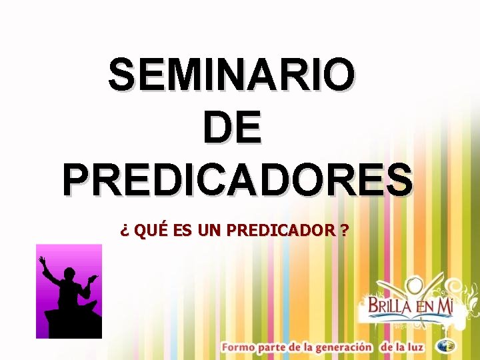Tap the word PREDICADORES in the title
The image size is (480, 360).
[x=237, y=179]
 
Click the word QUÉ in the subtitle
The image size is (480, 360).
[x=151, y=231]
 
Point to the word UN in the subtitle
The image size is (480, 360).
[x=209, y=231]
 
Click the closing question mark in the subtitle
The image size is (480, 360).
[x=343, y=231]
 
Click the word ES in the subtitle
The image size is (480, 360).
[x=181, y=231]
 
